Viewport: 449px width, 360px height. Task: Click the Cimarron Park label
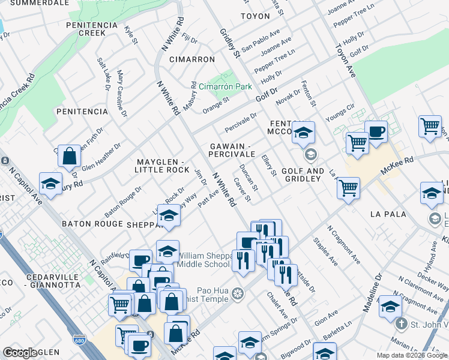click(226, 86)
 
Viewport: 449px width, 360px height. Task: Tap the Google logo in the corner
click(20, 353)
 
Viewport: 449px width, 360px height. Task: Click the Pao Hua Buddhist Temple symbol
click(238, 293)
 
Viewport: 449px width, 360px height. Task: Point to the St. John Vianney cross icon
click(400, 324)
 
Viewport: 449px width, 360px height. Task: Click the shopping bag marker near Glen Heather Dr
click(70, 156)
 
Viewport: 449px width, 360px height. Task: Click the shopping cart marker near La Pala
click(348, 188)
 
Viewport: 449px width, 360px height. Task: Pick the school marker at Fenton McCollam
click(304, 132)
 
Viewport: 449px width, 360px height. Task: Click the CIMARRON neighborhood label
click(191, 59)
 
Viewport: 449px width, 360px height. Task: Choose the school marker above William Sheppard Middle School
click(168, 251)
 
